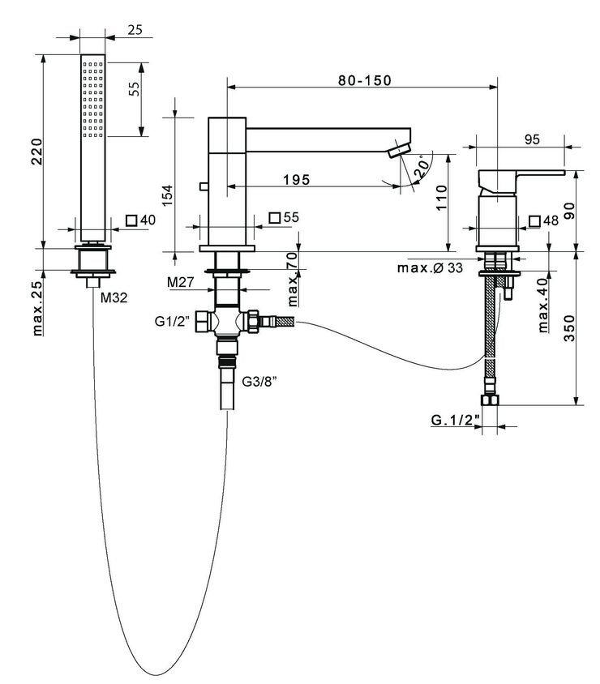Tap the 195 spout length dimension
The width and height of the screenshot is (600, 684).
pos(297,180)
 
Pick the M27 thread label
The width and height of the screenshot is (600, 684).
pos(179,281)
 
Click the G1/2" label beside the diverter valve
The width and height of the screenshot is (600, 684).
pos(171,321)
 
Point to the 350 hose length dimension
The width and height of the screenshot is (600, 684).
pos(571,327)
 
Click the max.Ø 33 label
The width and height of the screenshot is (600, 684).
pos(431,267)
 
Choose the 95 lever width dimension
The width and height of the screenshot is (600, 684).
pos(532,139)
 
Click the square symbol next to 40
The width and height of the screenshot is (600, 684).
pos(133,220)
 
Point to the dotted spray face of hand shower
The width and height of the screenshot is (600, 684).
pos(92,97)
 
